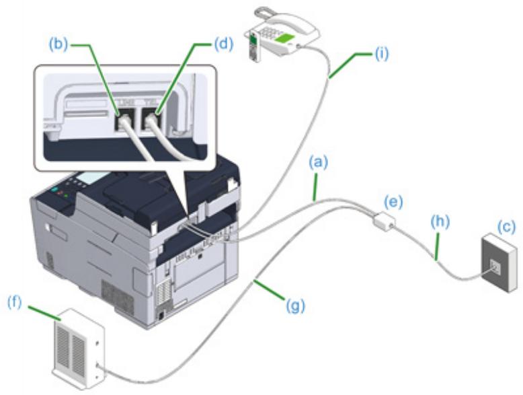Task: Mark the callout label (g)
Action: point(296,306)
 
